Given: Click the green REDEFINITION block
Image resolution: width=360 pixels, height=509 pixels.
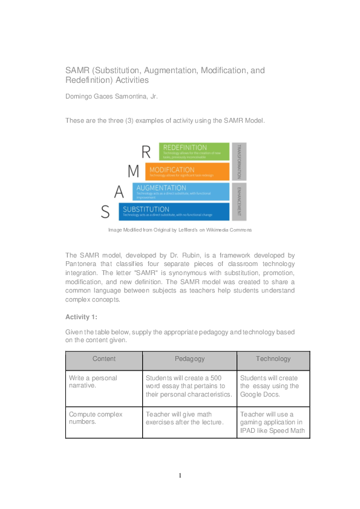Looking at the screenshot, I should point(194,151).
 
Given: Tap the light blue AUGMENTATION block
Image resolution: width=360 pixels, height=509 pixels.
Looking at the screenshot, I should point(181,192).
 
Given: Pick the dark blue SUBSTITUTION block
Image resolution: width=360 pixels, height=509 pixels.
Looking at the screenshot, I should point(174,212).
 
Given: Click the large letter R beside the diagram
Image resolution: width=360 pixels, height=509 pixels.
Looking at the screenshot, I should point(145,152).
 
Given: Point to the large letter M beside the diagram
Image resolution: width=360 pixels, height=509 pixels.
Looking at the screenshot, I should point(133,172).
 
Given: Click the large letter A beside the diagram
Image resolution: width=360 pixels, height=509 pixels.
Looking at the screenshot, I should point(119,192).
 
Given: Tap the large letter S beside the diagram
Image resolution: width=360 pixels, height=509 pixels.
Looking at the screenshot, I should point(105,212).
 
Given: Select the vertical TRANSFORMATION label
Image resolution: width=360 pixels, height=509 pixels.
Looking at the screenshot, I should point(239,161).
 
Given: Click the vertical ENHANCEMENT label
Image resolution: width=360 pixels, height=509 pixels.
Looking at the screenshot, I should point(239,202).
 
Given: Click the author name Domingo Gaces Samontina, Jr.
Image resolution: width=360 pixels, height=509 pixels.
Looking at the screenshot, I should point(111,96).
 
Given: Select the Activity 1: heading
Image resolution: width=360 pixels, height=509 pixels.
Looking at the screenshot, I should point(81,317).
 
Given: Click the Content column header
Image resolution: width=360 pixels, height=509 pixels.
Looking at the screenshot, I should point(104,359).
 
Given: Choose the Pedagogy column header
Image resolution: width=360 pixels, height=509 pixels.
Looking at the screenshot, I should point(189,359).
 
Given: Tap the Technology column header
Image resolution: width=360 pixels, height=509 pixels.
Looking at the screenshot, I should point(273,359).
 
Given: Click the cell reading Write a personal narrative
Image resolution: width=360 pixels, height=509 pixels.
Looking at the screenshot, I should point(93,382).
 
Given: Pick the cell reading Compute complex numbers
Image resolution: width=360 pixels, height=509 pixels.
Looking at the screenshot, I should point(96,418).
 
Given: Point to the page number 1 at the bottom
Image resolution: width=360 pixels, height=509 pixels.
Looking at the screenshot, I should point(180,476).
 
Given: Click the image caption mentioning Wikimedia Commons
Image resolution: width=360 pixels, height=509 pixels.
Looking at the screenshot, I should point(180,230).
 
